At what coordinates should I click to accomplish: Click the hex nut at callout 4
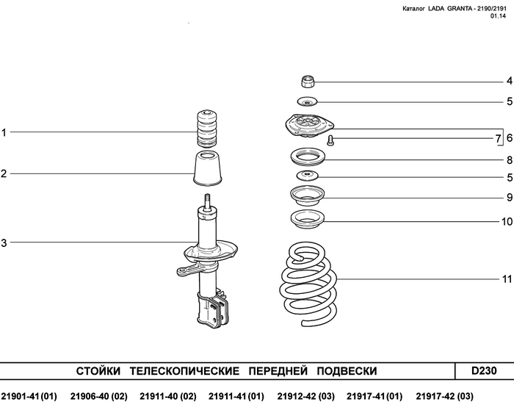tap(308, 82)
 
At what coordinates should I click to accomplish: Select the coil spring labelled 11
tap(308, 284)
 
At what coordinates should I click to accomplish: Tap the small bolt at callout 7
tap(330, 141)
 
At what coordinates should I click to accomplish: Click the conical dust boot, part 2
tap(208, 168)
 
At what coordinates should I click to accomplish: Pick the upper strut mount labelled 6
tap(309, 126)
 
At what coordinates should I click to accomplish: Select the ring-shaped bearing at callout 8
tap(308, 157)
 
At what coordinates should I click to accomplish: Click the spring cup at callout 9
tap(307, 195)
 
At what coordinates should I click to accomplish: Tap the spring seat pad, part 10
tap(308, 219)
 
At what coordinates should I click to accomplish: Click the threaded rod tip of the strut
tap(208, 200)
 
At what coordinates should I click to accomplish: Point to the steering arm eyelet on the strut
tap(181, 271)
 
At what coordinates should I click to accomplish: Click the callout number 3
tap(4, 243)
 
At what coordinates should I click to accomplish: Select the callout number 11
tap(507, 279)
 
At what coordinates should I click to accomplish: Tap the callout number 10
tap(507, 222)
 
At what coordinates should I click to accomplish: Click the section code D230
tap(484, 370)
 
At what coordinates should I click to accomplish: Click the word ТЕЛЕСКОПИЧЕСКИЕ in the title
tap(184, 371)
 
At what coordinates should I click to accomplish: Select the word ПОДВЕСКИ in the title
tap(347, 371)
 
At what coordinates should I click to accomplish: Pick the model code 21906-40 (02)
tap(98, 397)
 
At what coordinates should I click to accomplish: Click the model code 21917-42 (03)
tap(444, 397)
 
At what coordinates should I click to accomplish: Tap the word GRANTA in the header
tap(459, 9)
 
